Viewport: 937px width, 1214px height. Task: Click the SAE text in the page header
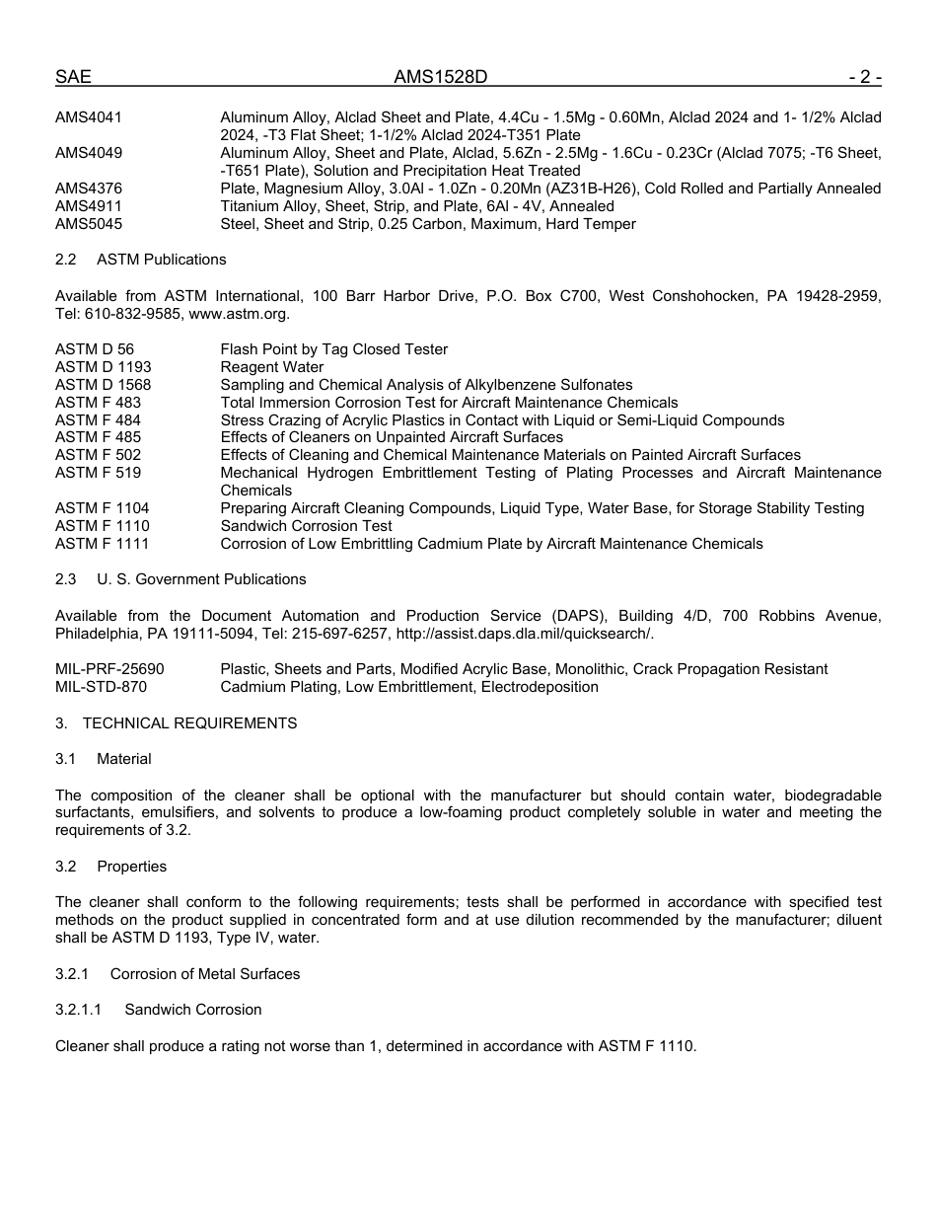point(73,77)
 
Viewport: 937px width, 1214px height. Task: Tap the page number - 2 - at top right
point(864,77)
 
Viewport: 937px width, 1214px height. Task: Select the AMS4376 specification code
point(89,189)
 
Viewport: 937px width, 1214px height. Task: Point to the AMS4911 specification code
point(89,206)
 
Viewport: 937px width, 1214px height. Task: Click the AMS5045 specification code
point(89,224)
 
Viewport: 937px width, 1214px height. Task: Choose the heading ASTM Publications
point(162,260)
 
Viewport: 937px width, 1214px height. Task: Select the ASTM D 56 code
point(95,349)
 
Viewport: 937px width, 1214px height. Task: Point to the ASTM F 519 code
point(98,473)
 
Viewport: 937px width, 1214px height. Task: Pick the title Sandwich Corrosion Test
point(306,526)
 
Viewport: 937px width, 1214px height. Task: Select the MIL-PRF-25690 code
point(109,669)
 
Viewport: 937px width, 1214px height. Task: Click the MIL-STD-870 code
point(101,687)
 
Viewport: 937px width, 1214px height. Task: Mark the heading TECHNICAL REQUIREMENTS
point(189,723)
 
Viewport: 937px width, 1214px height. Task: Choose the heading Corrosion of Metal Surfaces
point(205,974)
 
